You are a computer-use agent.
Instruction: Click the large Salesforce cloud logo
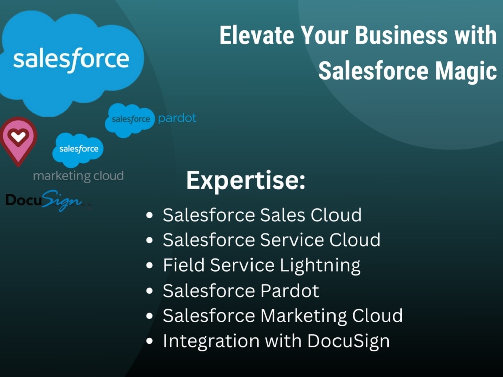click(x=70, y=59)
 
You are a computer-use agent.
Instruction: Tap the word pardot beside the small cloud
click(x=177, y=119)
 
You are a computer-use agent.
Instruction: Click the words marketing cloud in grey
click(x=78, y=176)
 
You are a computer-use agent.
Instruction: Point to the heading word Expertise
click(x=245, y=180)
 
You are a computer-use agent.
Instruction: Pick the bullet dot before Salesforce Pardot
click(x=149, y=291)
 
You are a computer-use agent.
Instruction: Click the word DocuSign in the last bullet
click(x=349, y=341)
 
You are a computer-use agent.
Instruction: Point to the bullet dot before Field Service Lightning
click(x=149, y=266)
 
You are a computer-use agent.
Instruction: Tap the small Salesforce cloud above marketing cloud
click(x=78, y=149)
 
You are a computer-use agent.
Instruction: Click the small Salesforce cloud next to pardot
click(x=130, y=120)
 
